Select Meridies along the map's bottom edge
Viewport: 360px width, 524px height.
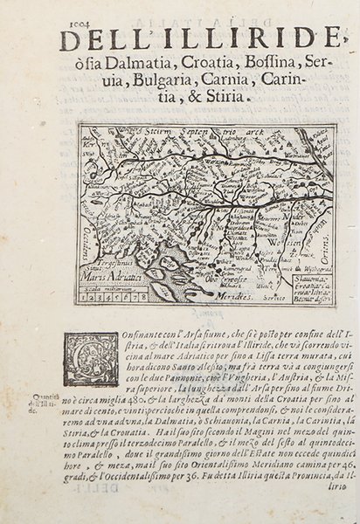tap(223, 299)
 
